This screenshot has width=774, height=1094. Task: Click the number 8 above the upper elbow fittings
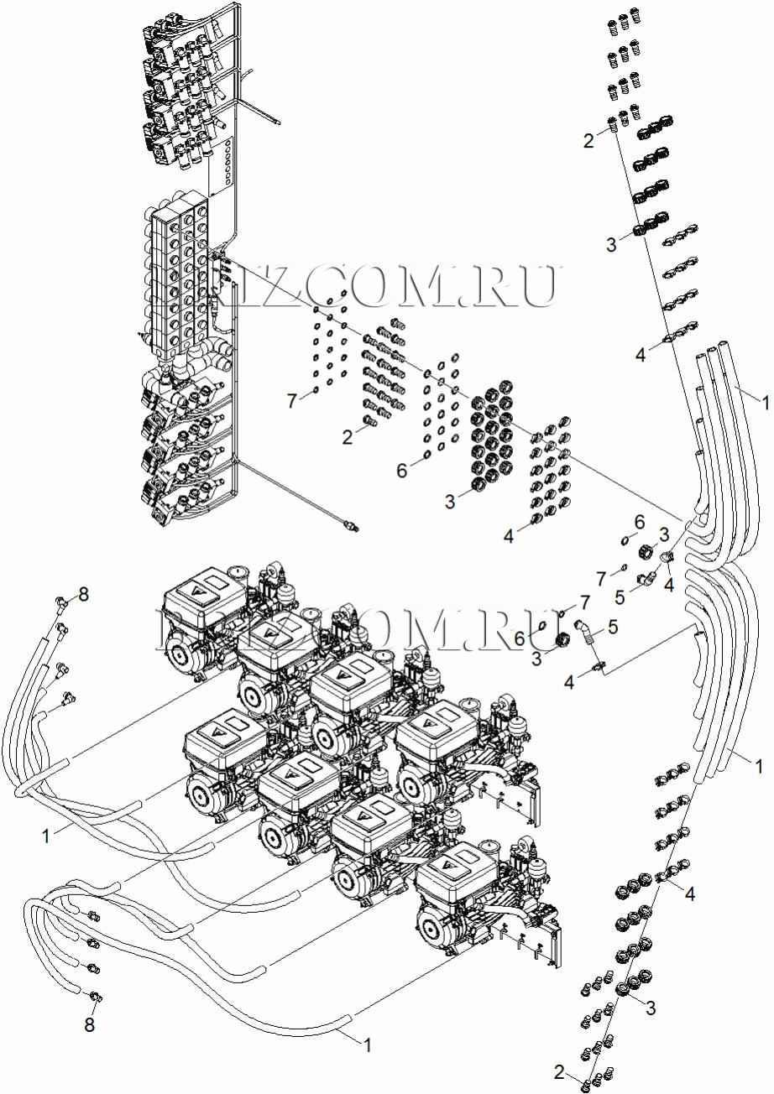pos(82,595)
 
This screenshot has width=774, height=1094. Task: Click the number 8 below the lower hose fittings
pos(90,1025)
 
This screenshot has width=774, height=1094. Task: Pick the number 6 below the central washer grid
pos(401,471)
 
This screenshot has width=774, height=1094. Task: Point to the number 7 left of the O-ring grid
pos(291,400)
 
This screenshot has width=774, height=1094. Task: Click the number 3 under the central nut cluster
pos(451,502)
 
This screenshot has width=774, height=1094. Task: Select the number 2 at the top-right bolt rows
pos(589,140)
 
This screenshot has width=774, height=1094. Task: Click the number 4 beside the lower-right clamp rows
pos(690,894)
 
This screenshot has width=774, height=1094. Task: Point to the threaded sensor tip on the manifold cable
pos(351,526)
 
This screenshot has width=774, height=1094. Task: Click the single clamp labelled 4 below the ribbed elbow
pos(599,668)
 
